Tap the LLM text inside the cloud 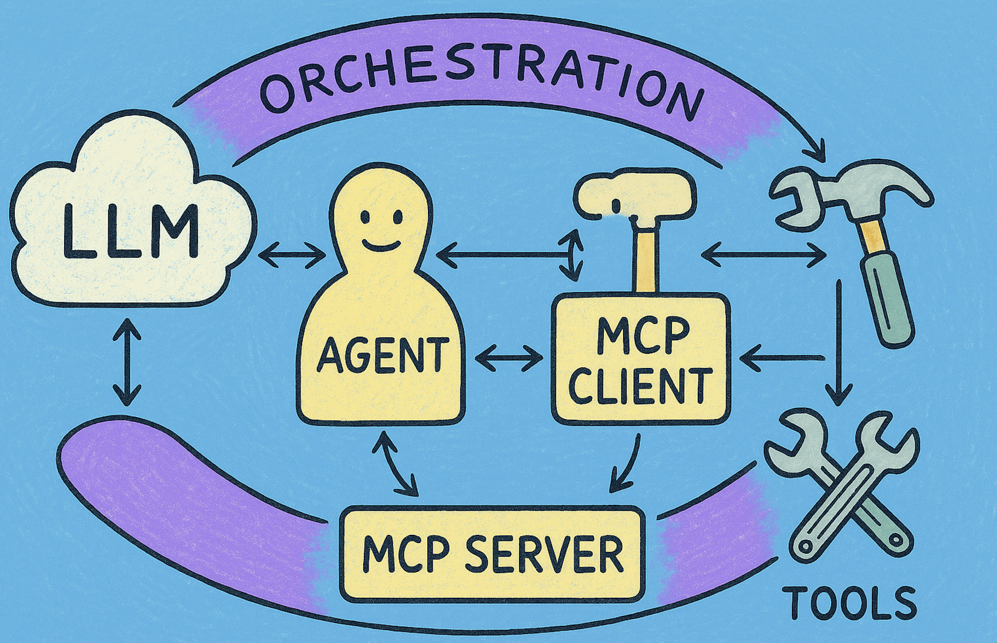(131, 230)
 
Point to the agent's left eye (365, 216)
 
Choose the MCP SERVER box (492, 554)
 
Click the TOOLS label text (849, 603)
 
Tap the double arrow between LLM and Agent (292, 256)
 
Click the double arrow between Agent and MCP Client (509, 357)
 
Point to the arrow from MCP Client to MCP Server (625, 464)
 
